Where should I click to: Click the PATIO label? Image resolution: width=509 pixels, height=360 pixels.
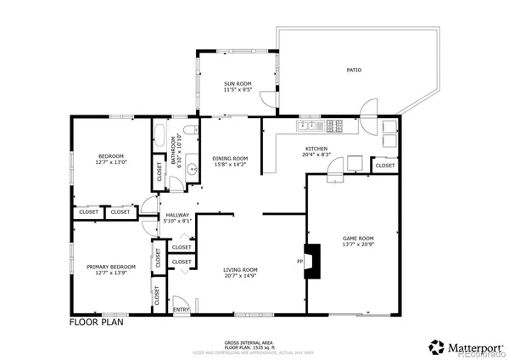(354, 70)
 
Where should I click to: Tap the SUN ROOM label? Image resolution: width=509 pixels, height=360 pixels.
(237, 83)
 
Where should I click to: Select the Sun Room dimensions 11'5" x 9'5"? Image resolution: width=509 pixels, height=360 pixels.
(237, 89)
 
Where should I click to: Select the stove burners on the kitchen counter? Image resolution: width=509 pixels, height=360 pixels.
(334, 127)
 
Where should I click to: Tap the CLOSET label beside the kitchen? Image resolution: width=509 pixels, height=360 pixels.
(384, 166)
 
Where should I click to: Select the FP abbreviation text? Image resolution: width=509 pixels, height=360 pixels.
(300, 262)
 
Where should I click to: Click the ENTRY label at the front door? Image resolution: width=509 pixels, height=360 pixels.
(182, 310)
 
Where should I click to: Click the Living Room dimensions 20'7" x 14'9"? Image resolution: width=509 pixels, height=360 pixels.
(241, 276)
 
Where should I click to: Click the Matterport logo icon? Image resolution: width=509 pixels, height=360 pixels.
(437, 346)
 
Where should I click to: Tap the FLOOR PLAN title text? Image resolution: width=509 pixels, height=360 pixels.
(97, 323)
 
